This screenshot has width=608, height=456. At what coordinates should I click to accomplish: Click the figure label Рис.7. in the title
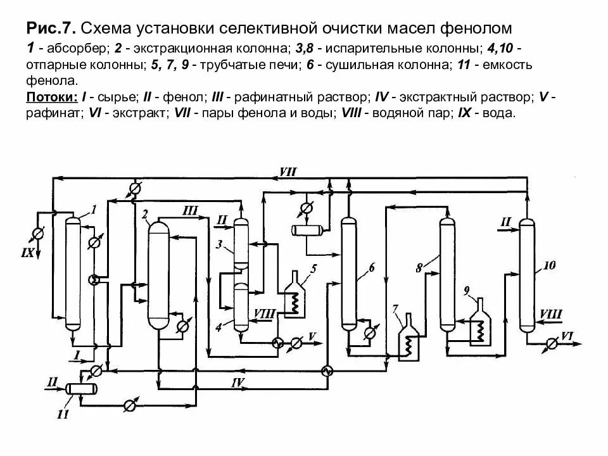[51, 28]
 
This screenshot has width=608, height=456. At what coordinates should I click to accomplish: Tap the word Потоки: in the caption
[50, 98]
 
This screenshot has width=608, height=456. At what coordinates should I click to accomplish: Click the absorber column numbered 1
[73, 272]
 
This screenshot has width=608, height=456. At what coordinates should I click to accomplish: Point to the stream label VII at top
[287, 172]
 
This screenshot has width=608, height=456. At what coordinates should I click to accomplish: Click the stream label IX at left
[27, 254]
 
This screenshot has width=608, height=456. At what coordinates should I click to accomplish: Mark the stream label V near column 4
[312, 334]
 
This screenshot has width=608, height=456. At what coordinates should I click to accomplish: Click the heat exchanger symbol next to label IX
[37, 234]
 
